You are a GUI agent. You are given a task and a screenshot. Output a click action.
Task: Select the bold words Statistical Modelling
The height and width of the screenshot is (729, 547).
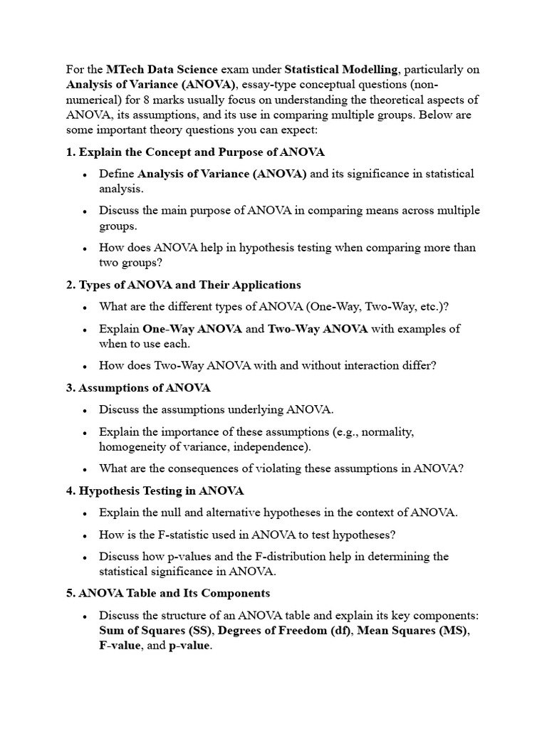340,69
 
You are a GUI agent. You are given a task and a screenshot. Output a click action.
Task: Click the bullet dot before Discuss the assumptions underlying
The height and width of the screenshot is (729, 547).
85,410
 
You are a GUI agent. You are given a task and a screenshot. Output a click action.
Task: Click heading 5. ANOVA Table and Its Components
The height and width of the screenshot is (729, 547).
168,593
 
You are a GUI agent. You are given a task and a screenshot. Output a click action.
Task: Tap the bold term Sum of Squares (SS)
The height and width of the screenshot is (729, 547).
157,631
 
